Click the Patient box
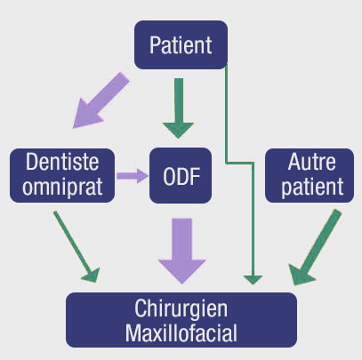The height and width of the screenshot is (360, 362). click(x=181, y=44)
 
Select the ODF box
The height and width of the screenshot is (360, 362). click(x=181, y=175)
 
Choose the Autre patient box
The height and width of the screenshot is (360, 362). click(x=304, y=175)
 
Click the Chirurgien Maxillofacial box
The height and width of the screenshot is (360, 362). click(x=181, y=321)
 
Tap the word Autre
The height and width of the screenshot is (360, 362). click(x=304, y=164)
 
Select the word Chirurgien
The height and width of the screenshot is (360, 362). click(x=181, y=308)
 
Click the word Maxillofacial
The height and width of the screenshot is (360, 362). click(x=181, y=332)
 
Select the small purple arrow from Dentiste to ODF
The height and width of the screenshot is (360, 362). click(x=132, y=176)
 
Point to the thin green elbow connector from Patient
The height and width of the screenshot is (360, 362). click(x=229, y=116)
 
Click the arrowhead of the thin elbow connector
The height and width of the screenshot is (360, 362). click(x=253, y=278)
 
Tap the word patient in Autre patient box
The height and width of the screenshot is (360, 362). click(x=304, y=188)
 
